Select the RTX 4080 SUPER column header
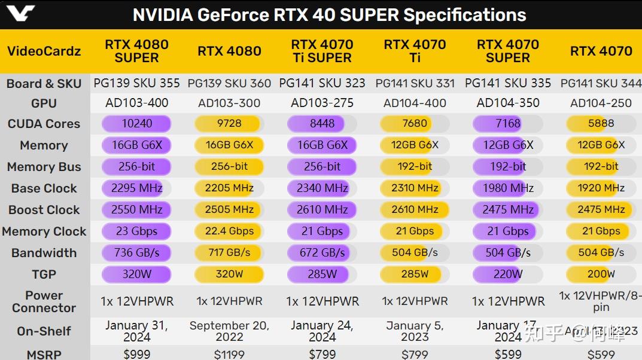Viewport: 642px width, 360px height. (136, 51)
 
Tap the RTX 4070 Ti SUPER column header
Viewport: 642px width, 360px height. (322, 51)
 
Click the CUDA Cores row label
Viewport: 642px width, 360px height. (44, 124)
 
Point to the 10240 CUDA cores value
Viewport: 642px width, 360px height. (137, 124)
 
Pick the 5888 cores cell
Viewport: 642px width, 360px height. (601, 124)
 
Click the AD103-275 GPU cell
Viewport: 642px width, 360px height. (322, 103)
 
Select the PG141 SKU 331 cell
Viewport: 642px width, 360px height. (415, 84)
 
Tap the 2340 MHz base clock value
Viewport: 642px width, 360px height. (322, 188)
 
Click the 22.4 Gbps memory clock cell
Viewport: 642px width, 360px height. (229, 231)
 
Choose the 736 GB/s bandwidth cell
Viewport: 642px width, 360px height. (137, 253)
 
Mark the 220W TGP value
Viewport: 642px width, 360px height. (507, 274)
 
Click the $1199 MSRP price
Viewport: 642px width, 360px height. (229, 355)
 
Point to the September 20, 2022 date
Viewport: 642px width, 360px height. (229, 331)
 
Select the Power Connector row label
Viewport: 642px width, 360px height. (44, 302)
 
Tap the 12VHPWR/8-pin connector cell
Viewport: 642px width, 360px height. (601, 301)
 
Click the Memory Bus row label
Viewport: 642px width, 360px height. (44, 167)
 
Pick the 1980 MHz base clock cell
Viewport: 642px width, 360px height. (507, 188)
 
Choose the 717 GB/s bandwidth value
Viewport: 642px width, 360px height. (229, 253)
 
